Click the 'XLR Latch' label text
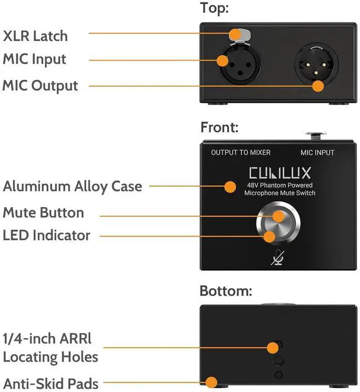35,36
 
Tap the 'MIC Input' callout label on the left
35,59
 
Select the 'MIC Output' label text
40,86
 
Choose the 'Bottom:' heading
226,291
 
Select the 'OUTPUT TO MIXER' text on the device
241,152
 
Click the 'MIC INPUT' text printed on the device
317,152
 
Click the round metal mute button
279,227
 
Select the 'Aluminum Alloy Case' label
73,186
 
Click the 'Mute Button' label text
43,213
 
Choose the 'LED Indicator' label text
47,235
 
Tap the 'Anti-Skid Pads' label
52,382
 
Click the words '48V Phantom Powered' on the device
279,185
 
